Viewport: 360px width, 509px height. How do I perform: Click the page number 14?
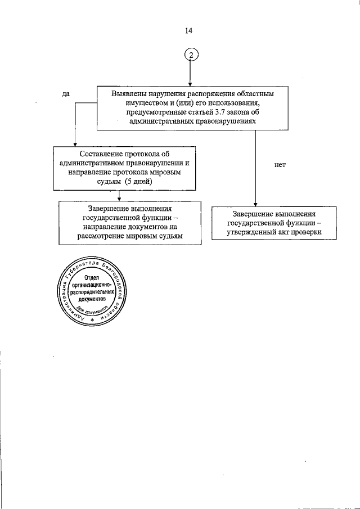pyautogui.click(x=188, y=31)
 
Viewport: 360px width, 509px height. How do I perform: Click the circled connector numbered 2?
pyautogui.click(x=191, y=55)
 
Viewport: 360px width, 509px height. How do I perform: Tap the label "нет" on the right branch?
pyautogui.click(x=281, y=165)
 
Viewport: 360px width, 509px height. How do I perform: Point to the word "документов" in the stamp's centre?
pyautogui.click(x=93, y=300)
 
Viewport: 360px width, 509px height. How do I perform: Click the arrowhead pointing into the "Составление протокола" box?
pyautogui.click(x=75, y=144)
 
